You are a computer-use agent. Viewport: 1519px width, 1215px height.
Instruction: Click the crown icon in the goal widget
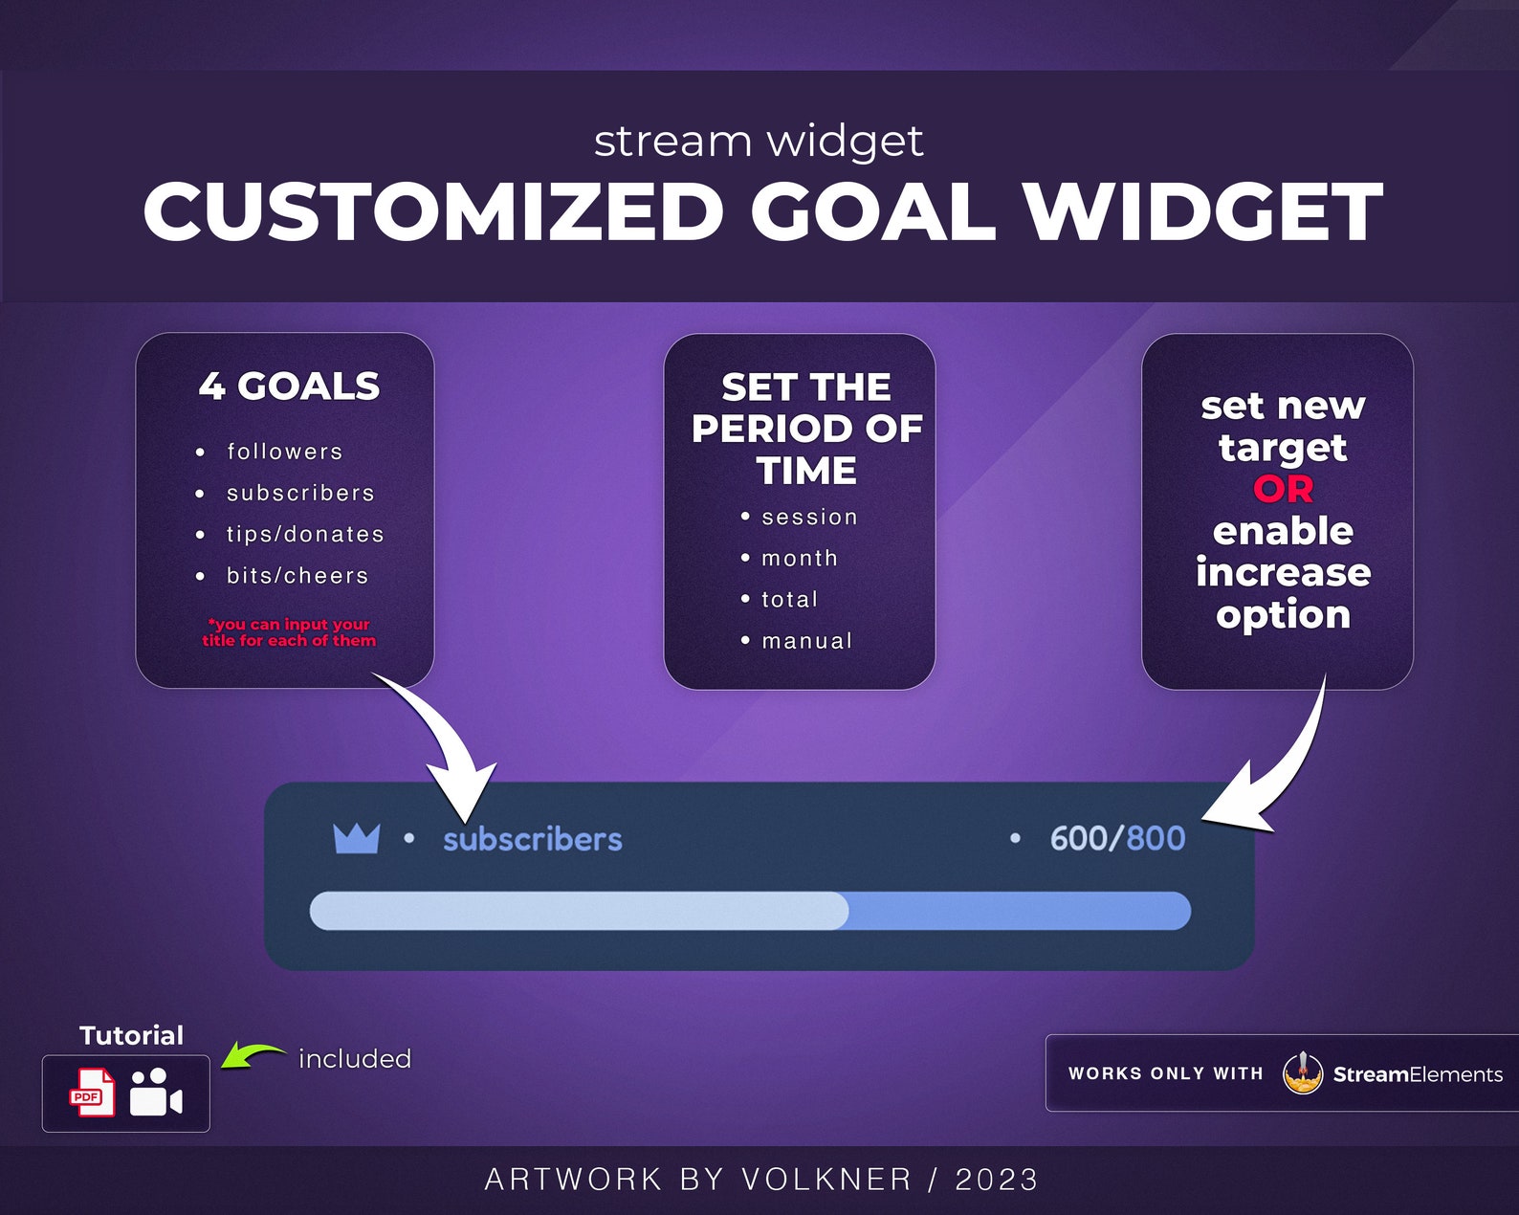[356, 838]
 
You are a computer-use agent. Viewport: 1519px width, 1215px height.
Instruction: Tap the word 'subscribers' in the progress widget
[532, 839]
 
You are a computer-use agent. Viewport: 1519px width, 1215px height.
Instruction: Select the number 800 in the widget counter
[1156, 838]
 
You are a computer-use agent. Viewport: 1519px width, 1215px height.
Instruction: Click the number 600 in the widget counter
[1078, 838]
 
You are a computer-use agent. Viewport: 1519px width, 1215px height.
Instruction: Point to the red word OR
[1283, 489]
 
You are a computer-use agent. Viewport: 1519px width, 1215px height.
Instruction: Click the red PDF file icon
[93, 1093]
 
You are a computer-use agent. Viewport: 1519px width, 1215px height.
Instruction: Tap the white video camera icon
[155, 1093]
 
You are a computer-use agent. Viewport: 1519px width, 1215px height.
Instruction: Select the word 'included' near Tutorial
[354, 1059]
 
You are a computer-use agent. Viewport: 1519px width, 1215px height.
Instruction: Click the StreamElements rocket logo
[1302, 1072]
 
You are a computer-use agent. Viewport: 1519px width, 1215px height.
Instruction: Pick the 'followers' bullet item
[284, 452]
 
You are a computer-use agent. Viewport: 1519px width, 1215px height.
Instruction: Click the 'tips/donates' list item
[305, 534]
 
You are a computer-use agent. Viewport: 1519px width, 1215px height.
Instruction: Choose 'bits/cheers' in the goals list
[297, 576]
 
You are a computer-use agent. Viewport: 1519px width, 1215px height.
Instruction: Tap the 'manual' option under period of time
[806, 641]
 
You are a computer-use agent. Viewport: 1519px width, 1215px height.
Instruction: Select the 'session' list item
[809, 518]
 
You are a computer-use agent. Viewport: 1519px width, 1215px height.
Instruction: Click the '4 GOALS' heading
[289, 387]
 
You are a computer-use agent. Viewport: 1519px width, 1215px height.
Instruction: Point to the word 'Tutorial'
[131, 1035]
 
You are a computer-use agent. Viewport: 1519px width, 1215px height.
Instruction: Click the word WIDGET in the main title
[1202, 212]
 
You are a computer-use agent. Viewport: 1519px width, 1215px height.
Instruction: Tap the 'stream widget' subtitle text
[758, 142]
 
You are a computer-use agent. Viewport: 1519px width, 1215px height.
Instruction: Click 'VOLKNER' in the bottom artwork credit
[826, 1180]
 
